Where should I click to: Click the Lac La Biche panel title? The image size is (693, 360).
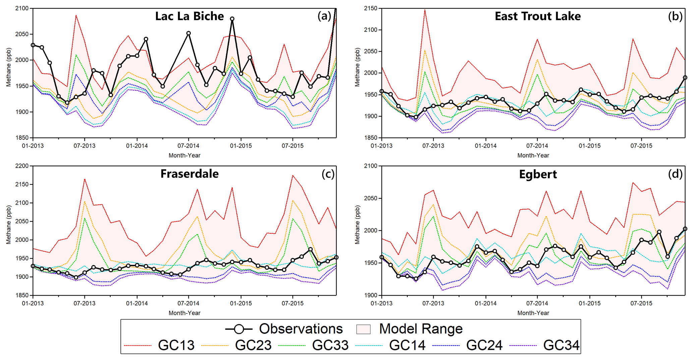pos(189,16)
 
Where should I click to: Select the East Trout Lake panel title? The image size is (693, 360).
pos(537,16)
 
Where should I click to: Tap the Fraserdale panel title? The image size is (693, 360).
pos(189,174)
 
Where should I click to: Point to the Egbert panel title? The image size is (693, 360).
pos(538,174)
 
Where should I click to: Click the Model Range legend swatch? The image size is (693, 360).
pos(363,329)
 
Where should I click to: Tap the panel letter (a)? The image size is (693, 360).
pos(324,16)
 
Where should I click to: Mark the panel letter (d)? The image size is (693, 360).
pos(675,174)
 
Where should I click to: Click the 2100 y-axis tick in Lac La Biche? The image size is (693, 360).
pos(22,8)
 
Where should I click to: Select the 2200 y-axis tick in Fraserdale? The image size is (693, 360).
pos(22,166)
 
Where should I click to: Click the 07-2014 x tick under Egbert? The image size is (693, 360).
pos(537,303)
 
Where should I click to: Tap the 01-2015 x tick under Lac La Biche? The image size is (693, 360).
pos(241,146)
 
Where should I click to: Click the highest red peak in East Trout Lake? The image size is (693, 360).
pos(425,10)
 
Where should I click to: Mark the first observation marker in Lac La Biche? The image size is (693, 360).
pos(33,45)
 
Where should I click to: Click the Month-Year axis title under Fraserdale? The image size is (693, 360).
pos(184,313)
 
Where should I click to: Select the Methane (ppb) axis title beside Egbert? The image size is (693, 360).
pos(357,225)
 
